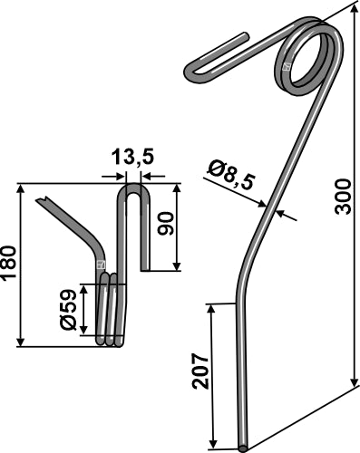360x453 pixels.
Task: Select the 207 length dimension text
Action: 200,371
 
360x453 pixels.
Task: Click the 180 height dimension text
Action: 10,264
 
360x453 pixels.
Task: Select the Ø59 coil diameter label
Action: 67,310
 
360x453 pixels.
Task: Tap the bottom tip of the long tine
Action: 244,446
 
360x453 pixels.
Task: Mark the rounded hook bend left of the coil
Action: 193,70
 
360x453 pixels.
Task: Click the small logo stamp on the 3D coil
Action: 287,66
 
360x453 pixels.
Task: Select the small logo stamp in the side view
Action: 101,266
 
